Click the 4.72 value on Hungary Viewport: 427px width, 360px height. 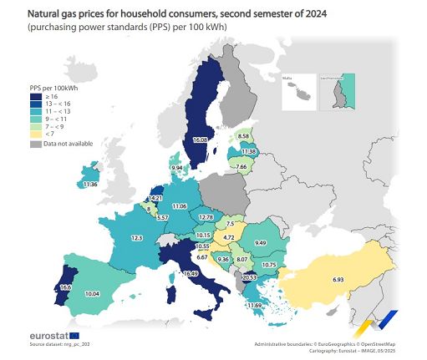[228, 237]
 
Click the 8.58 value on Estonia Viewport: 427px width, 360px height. [244, 135]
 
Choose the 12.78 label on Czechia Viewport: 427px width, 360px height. [206, 217]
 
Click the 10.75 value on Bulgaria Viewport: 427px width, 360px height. [268, 265]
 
